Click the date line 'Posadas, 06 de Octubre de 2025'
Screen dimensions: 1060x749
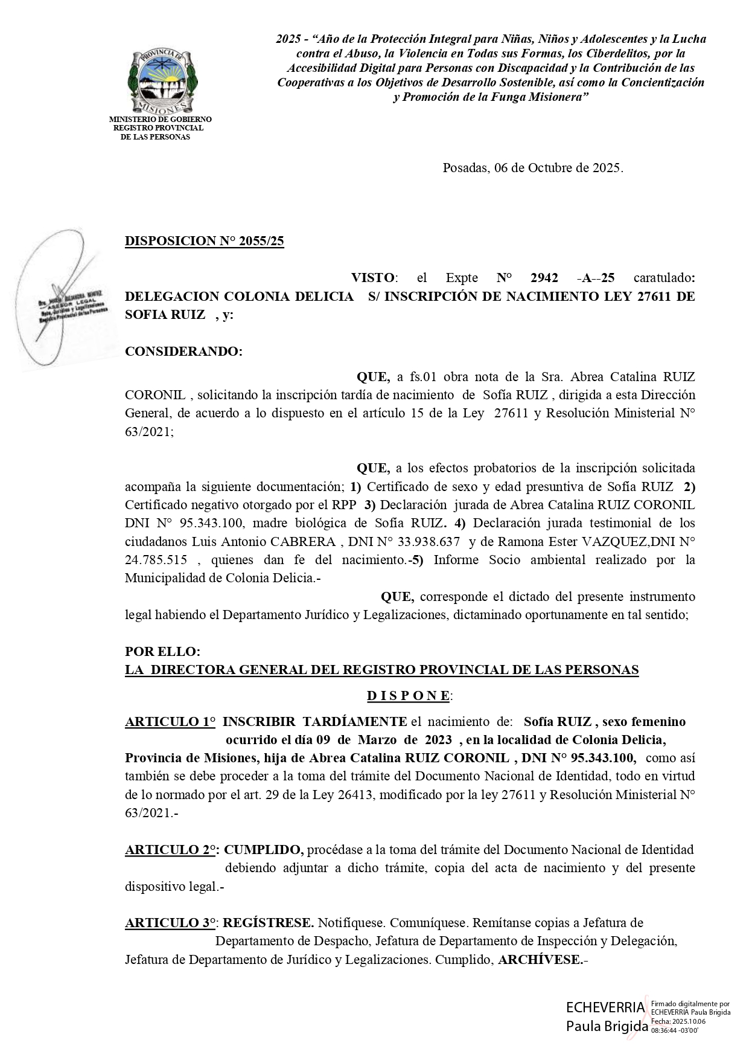click(x=532, y=168)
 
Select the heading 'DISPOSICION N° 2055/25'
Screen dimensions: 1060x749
click(x=204, y=241)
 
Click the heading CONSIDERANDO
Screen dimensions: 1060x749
click(x=183, y=352)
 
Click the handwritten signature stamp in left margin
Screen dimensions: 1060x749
click(x=63, y=299)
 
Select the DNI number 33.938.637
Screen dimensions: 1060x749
click(x=425, y=542)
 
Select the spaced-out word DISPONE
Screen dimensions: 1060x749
click(x=409, y=696)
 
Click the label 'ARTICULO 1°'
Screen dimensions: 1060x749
click(x=170, y=722)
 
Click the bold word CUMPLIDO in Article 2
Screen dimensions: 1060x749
click(x=263, y=850)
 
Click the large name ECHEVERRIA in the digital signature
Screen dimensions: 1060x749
click(x=605, y=1007)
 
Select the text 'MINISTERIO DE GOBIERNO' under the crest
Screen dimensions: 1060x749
click(x=160, y=120)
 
